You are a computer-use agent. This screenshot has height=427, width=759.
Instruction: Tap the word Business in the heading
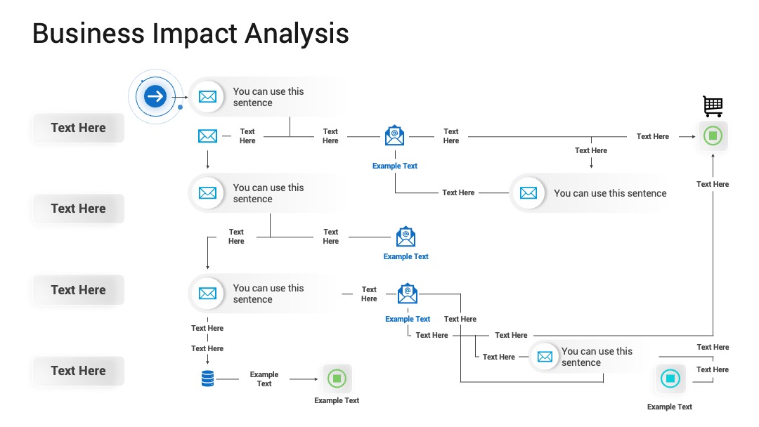(89, 34)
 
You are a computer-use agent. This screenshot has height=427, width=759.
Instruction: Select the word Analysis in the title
(297, 34)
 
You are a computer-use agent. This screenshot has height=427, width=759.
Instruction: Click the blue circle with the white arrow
(155, 96)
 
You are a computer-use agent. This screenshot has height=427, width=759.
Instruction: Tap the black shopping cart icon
(713, 106)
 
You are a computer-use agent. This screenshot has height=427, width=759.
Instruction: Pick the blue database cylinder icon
(207, 379)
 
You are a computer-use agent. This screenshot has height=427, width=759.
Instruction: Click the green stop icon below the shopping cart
(713, 136)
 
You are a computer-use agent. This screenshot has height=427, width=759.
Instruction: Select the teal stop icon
(670, 378)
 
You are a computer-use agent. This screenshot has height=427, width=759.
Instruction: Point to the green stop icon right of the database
(337, 378)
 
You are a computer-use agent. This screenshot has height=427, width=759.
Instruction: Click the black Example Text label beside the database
(264, 379)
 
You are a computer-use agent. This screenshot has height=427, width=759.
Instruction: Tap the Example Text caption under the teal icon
(670, 407)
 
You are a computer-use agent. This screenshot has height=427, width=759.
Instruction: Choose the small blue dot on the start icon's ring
(180, 107)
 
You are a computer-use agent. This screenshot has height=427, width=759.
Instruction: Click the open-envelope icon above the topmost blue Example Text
(394, 136)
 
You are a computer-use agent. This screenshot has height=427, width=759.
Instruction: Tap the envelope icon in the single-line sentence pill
(528, 193)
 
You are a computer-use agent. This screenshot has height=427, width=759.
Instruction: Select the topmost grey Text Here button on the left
(79, 128)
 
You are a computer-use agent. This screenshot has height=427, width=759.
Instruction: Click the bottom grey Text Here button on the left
(79, 371)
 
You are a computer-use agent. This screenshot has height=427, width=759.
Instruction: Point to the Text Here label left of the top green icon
(652, 137)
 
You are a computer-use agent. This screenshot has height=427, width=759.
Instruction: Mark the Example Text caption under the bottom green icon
(337, 401)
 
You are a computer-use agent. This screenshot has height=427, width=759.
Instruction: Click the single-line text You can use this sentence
(610, 193)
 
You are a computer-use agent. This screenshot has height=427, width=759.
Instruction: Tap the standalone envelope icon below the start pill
(207, 136)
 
